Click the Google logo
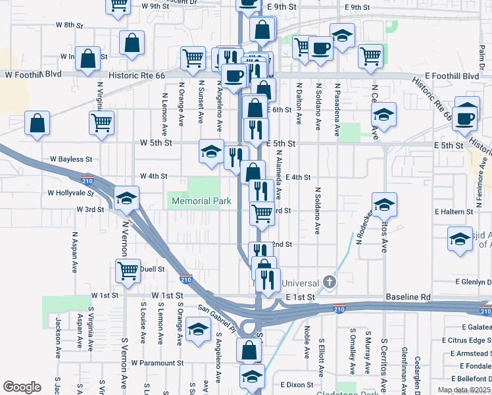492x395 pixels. [x=22, y=387]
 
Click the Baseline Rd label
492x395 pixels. [x=408, y=298]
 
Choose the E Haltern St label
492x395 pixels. [x=454, y=212]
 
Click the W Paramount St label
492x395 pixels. [x=157, y=363]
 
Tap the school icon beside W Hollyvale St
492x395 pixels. [x=126, y=197]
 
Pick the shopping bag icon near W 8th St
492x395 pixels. [x=132, y=43]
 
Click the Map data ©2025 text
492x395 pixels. [x=463, y=390]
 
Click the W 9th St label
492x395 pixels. [x=155, y=6]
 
